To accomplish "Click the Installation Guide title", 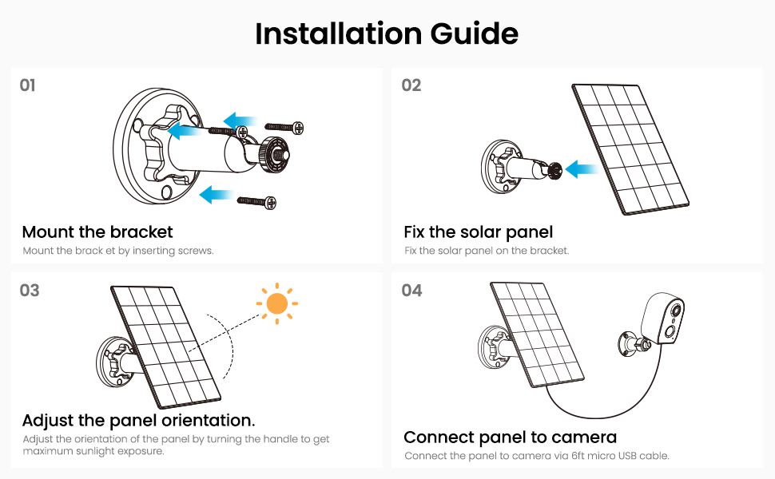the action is tap(387, 34).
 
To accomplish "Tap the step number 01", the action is tap(27, 85).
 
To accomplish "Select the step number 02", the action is tap(411, 85).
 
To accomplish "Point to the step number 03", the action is tap(29, 291).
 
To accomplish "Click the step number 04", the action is tap(411, 291).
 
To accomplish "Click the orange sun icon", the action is tap(276, 303).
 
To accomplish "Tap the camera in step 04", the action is tap(662, 319).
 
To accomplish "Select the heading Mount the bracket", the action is tap(97, 232).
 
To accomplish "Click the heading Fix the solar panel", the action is tap(478, 232).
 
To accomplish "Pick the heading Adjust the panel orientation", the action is tap(138, 420).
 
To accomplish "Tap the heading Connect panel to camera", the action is tap(510, 437).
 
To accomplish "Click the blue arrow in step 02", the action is tap(582, 169).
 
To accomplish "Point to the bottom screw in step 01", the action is tap(256, 201).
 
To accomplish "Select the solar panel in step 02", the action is tap(630, 149).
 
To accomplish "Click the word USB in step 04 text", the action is tap(626, 456).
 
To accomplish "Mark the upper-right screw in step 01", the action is tap(284, 128).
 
